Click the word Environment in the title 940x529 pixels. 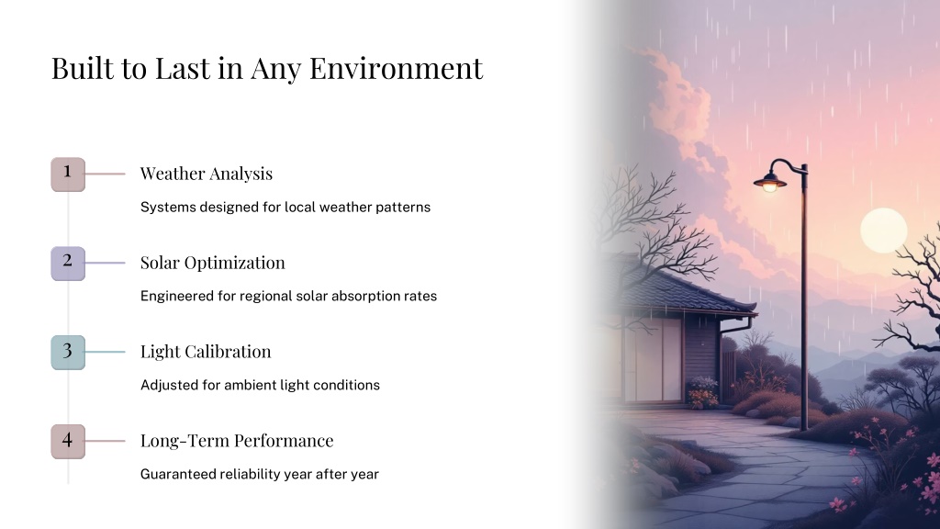click(396, 68)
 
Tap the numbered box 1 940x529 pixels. click(68, 174)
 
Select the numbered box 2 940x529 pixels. click(68, 264)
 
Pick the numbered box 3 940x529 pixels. click(68, 352)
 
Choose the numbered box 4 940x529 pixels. click(68, 442)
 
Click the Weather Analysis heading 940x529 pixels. click(207, 174)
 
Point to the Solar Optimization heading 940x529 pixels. click(213, 263)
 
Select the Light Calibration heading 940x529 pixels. click(206, 352)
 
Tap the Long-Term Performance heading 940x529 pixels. click(237, 440)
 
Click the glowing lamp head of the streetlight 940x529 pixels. click(770, 183)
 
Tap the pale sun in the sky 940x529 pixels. click(884, 231)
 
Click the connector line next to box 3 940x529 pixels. click(105, 352)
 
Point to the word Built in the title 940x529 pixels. click(82, 68)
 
